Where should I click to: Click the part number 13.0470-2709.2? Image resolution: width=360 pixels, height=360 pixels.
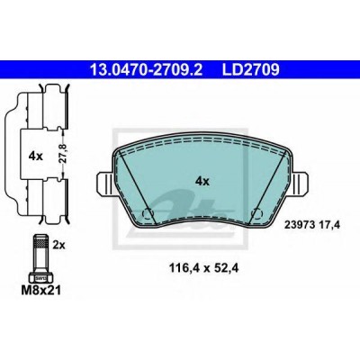(x=147, y=69)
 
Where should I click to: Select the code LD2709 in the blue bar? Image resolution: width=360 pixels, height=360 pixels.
(x=250, y=69)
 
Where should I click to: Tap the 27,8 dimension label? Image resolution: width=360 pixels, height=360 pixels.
(x=62, y=153)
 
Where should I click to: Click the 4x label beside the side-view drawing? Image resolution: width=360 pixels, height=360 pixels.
(x=36, y=156)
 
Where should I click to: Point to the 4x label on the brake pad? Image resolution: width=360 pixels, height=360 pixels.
(x=202, y=181)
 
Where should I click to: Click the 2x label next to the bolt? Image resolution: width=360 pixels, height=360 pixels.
(x=58, y=246)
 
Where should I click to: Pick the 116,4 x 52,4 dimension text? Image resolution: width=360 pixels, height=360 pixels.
(x=204, y=268)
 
